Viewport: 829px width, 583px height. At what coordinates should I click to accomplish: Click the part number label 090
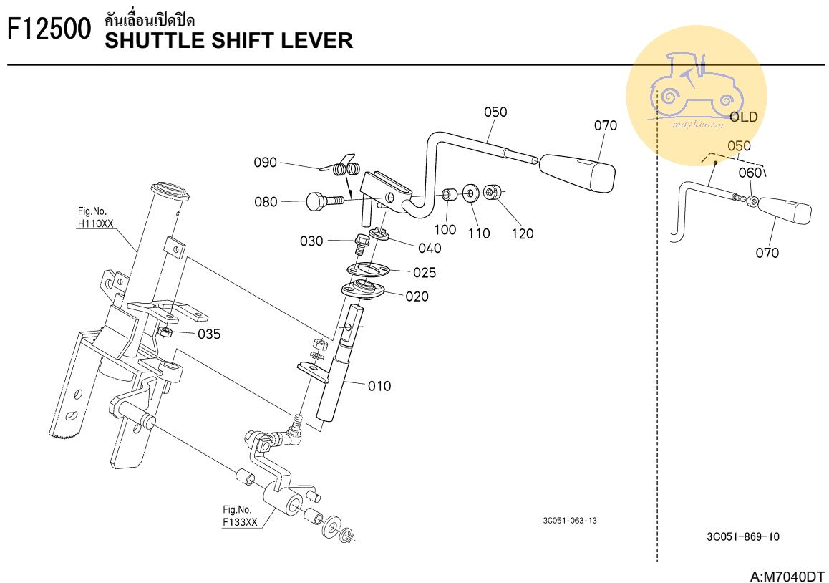click(265, 163)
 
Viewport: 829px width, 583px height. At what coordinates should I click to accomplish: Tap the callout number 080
click(266, 202)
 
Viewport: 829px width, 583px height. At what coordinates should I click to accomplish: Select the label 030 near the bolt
click(311, 241)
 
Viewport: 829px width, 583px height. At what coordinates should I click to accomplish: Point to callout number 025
click(425, 272)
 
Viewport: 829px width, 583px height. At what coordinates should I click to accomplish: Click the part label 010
click(379, 386)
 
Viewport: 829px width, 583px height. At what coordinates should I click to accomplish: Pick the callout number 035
click(209, 334)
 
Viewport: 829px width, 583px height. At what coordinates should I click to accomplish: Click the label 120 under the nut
click(523, 233)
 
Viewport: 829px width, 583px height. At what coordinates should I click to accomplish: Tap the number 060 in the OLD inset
click(750, 173)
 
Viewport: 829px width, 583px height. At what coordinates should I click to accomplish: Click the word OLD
click(743, 117)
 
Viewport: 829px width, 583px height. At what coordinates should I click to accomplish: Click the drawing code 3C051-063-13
click(570, 520)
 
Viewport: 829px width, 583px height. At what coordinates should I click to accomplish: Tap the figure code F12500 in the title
click(49, 29)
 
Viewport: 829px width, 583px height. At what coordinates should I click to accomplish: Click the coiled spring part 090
click(346, 168)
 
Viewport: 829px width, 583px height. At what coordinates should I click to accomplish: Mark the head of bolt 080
click(316, 201)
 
